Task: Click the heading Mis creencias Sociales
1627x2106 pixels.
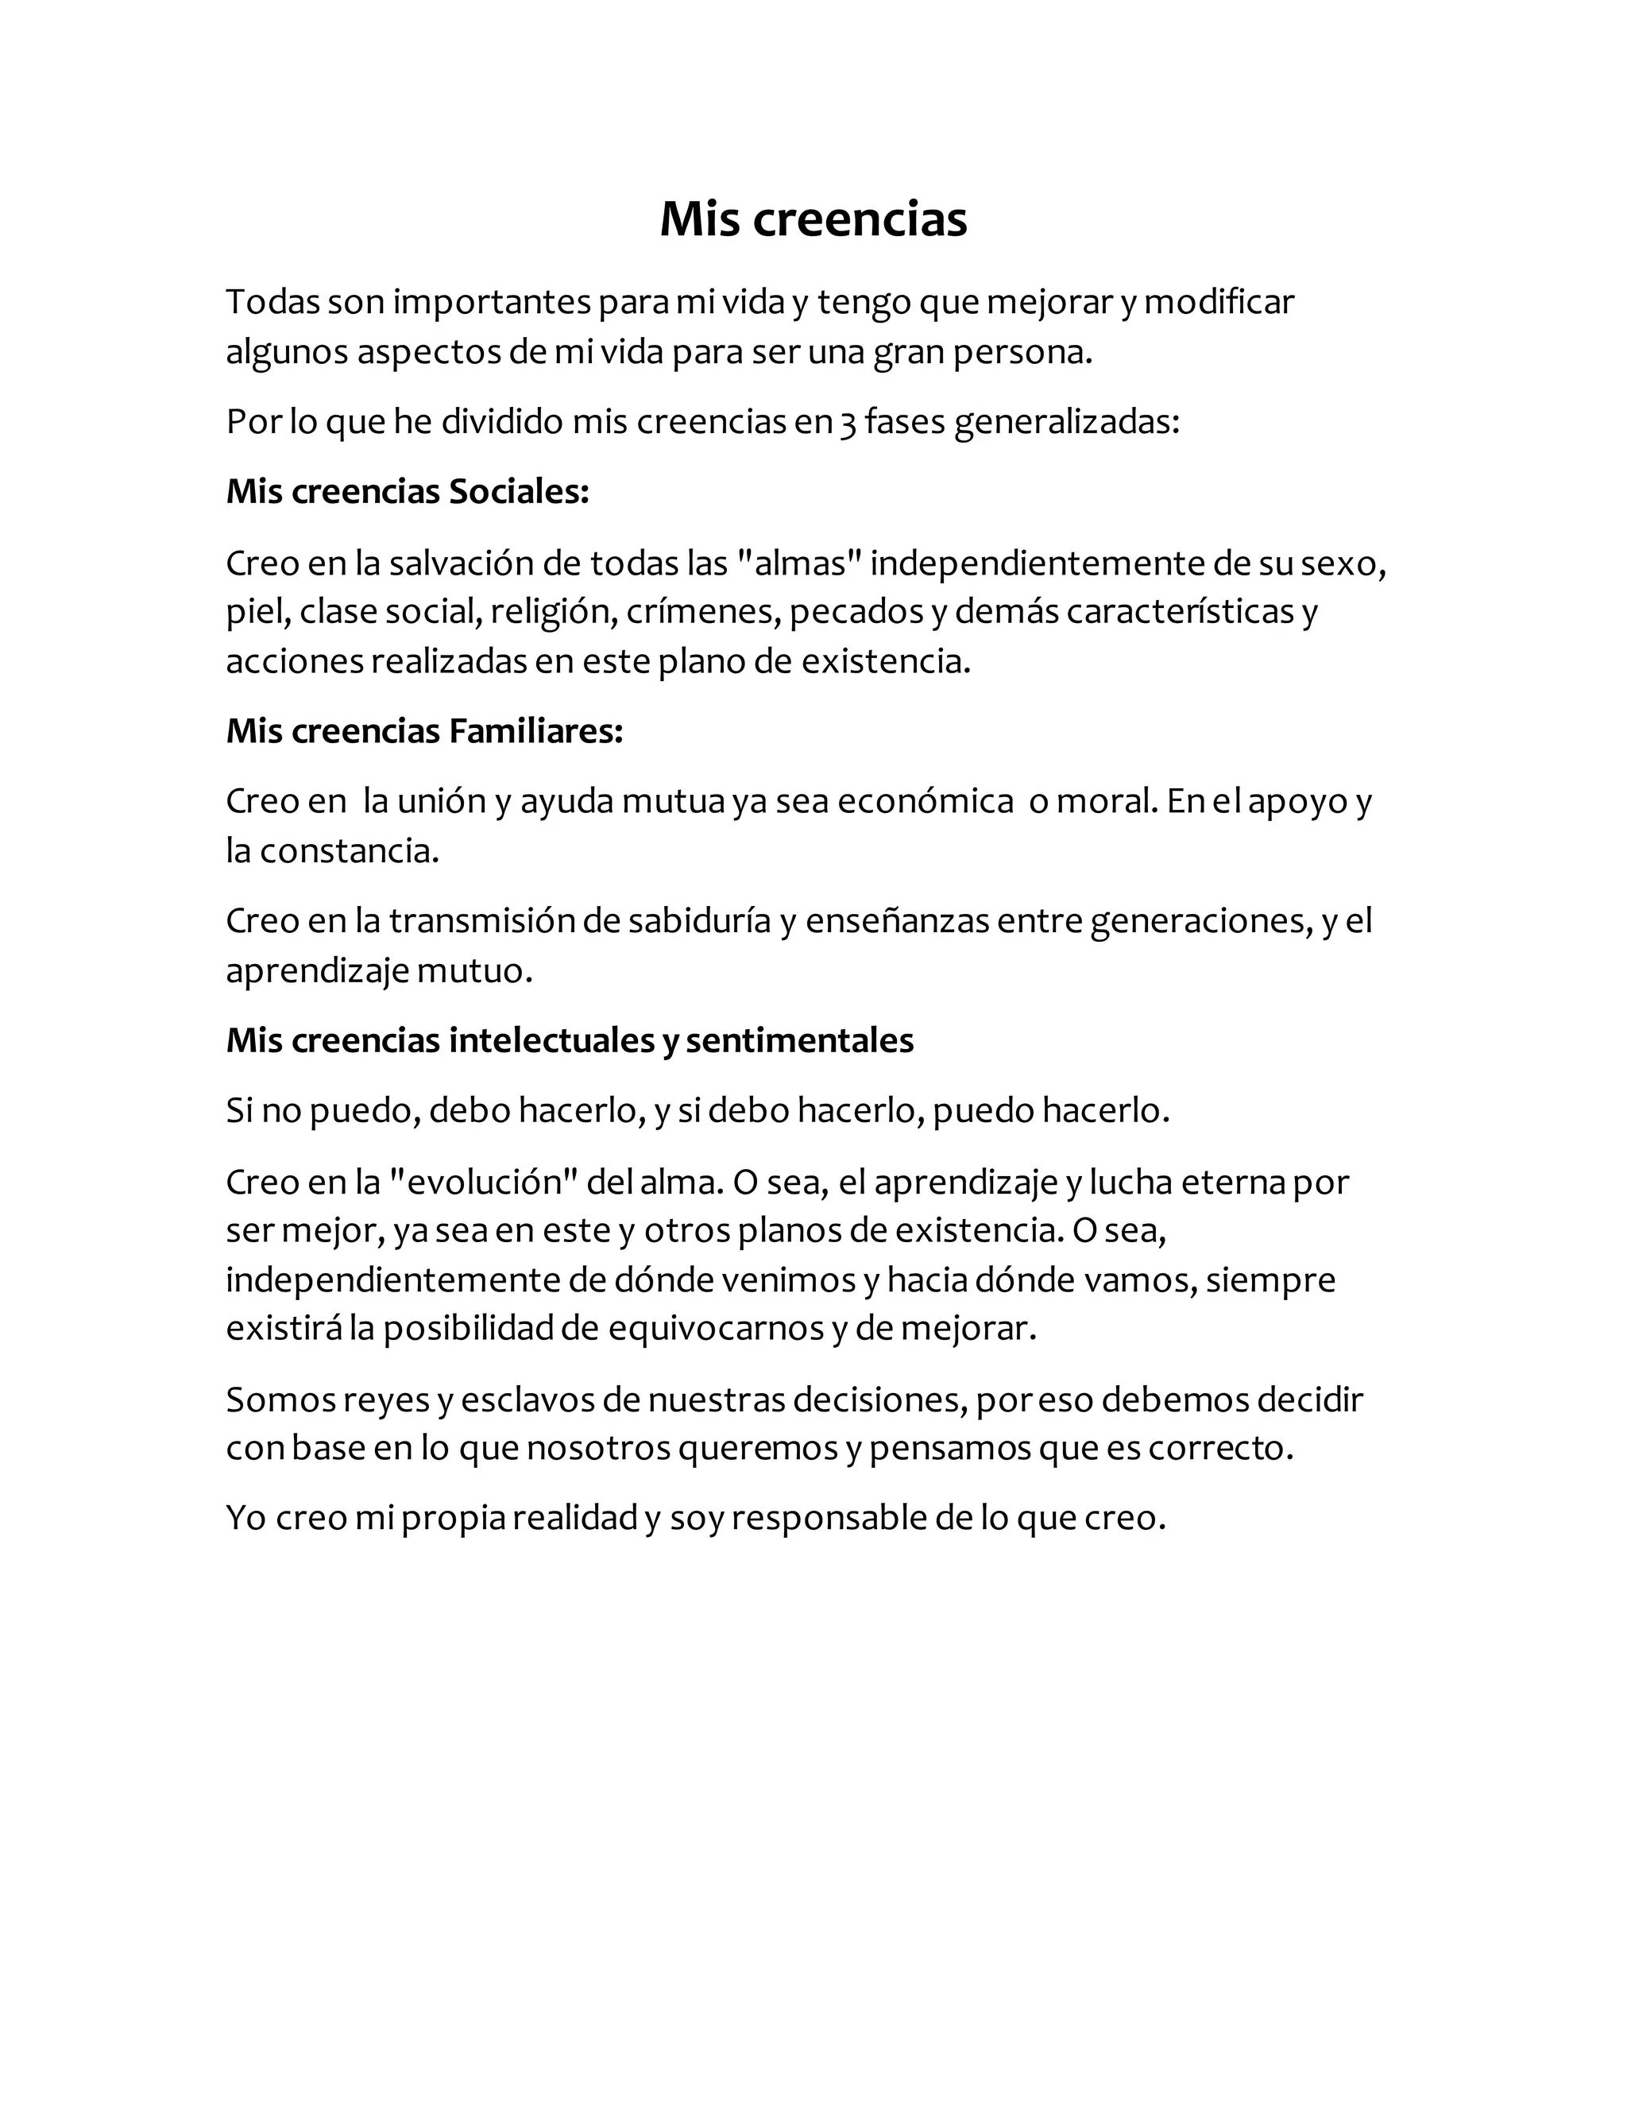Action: tap(407, 492)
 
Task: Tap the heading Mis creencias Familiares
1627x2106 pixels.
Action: tap(424, 731)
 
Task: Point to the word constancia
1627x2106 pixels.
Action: tap(349, 851)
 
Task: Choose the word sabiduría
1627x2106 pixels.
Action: tap(699, 921)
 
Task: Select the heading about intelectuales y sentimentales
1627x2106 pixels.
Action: tap(570, 1040)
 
